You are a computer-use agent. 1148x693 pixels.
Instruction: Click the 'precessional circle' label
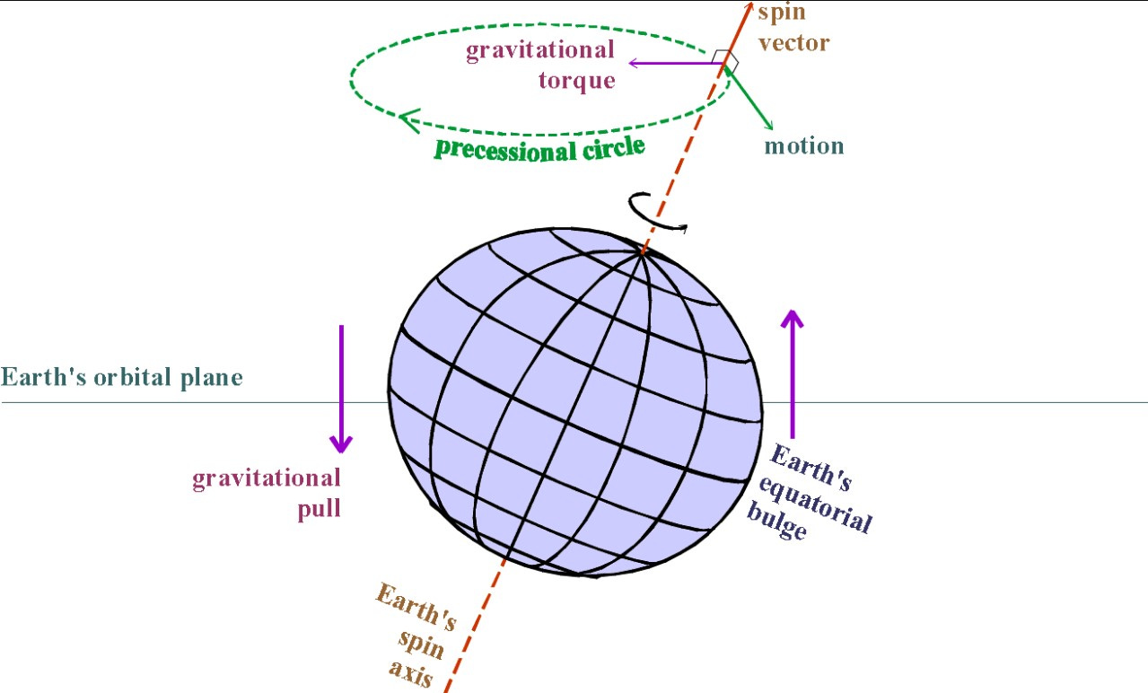pyautogui.click(x=539, y=147)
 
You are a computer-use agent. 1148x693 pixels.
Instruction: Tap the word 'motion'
pyautogui.click(x=804, y=146)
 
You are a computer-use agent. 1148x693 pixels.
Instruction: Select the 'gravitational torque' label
pyautogui.click(x=540, y=64)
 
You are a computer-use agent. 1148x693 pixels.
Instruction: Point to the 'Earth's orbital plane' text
pyautogui.click(x=122, y=377)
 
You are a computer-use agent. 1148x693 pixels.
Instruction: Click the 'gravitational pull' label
pyautogui.click(x=267, y=492)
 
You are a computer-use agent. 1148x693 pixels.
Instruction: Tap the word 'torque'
pyautogui.click(x=576, y=79)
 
